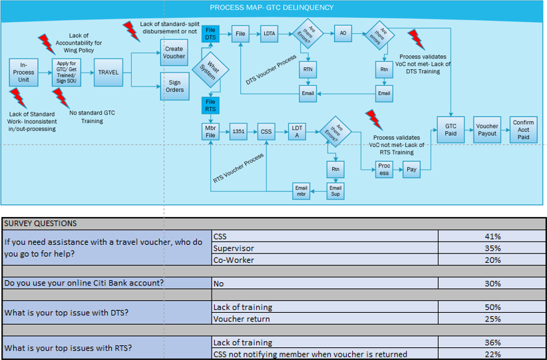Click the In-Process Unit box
click(x=24, y=72)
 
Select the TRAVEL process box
click(x=108, y=72)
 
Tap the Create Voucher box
click(x=174, y=52)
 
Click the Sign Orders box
click(x=174, y=86)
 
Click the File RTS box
click(x=210, y=105)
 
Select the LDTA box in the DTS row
click(x=270, y=33)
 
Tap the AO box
click(x=343, y=33)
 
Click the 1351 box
click(x=238, y=131)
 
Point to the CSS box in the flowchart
click(x=267, y=131)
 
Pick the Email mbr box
click(x=301, y=191)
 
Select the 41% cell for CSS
click(x=492, y=236)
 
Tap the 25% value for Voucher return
click(x=492, y=319)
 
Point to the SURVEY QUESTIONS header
click(x=41, y=224)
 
